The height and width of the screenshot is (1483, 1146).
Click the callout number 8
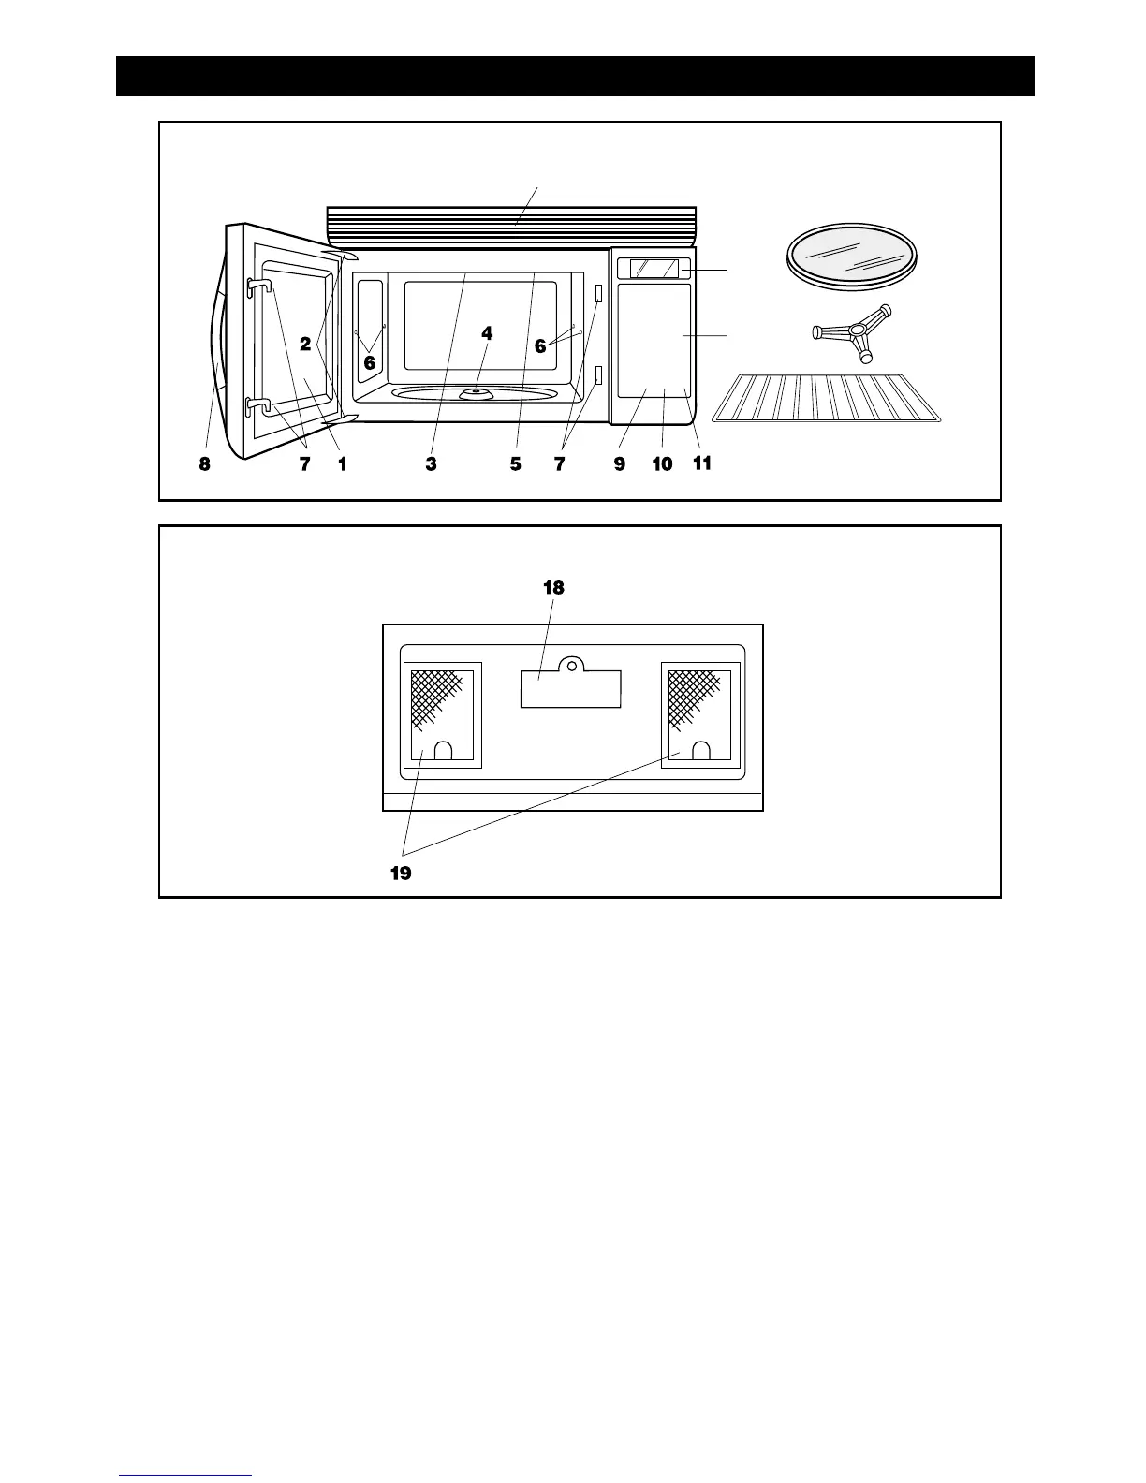[x=204, y=463]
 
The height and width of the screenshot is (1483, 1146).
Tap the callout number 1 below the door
[x=343, y=463]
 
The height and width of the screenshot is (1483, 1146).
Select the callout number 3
[x=431, y=463]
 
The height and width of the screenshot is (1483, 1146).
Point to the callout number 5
[x=516, y=463]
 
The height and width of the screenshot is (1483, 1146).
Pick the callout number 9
[x=620, y=463]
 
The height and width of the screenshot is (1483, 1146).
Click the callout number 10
[x=662, y=463]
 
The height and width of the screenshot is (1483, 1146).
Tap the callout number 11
[x=702, y=463]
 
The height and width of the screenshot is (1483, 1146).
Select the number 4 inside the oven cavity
[x=487, y=333]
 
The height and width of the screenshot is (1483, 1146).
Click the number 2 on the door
[x=305, y=344]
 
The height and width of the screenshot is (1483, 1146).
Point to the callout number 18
[x=553, y=588]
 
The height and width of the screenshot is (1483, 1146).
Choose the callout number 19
[x=400, y=874]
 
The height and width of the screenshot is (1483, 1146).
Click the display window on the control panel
[x=655, y=269]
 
